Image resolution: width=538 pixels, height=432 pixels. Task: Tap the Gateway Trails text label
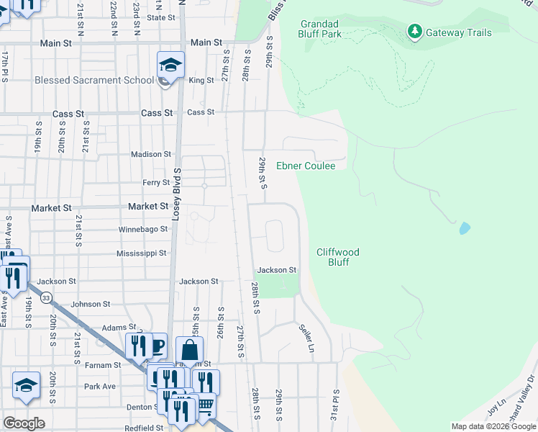[459, 32]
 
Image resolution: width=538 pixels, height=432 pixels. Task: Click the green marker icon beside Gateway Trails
[414, 32]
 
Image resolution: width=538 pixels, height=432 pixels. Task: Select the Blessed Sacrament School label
[94, 80]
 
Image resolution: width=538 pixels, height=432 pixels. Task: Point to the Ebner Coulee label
[306, 166]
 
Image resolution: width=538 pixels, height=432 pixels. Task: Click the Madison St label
[151, 154]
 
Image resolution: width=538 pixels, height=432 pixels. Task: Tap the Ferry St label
[155, 183]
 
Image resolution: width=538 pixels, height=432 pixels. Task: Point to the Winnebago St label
[142, 230]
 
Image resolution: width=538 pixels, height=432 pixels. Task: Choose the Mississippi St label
[141, 253]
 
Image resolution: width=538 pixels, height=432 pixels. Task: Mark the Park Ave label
[100, 386]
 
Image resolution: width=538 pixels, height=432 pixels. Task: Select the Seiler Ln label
[307, 337]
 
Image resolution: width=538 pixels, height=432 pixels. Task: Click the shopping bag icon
[189, 351]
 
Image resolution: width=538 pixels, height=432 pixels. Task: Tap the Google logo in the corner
[24, 423]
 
